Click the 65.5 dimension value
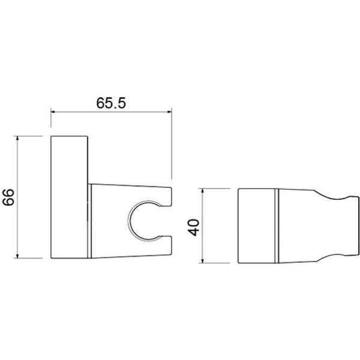point(111,103)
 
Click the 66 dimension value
point(8,197)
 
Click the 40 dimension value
point(194,227)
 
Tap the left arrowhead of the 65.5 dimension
point(53,112)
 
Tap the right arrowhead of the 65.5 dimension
point(169,112)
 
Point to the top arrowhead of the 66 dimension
point(17,139)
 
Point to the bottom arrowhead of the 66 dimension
point(17,256)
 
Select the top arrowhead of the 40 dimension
point(202,191)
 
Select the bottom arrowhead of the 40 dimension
point(202,260)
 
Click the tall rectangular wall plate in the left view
point(69,197)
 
